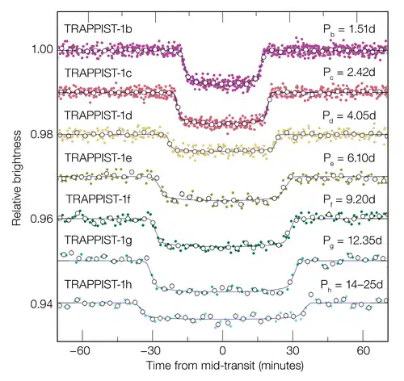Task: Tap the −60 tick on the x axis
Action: point(78,352)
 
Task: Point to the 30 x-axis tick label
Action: point(294,352)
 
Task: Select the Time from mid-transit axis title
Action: point(222,368)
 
